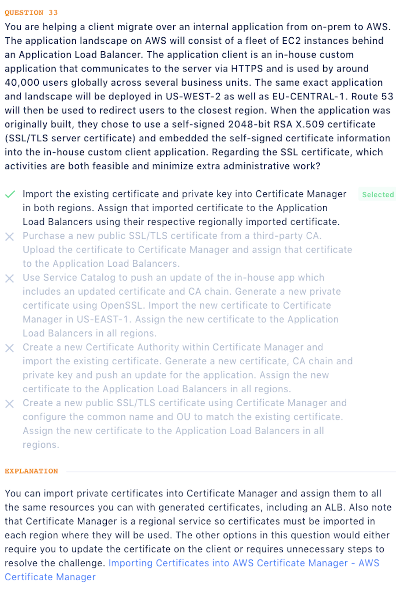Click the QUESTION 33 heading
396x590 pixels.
point(31,13)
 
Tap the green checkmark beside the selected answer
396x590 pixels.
point(10,194)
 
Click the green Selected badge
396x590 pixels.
point(377,194)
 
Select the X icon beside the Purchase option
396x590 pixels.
point(10,237)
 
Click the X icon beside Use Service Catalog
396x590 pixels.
point(10,278)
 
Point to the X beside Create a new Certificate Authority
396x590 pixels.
point(10,348)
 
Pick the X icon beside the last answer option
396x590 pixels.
point(10,404)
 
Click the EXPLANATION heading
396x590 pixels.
point(31,471)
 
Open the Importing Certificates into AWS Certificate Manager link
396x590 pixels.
point(243,563)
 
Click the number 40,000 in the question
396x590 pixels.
point(22,83)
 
